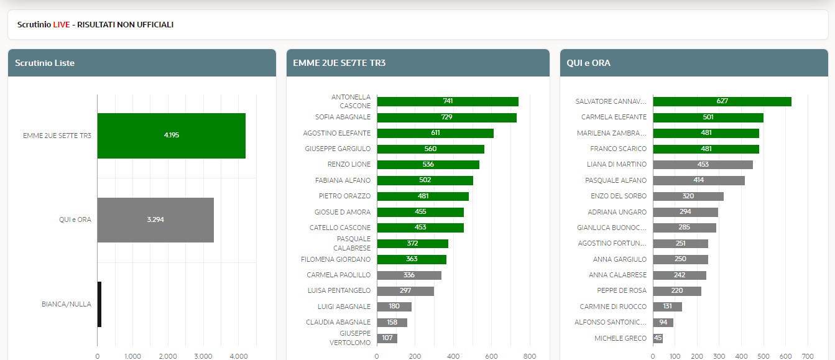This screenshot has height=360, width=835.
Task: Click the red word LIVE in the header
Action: [61, 25]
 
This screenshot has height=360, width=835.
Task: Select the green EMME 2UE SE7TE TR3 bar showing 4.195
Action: [171, 136]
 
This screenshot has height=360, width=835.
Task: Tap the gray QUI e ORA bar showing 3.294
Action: [155, 220]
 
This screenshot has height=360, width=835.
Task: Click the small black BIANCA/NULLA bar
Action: [99, 304]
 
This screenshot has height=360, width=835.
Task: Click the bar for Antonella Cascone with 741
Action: [447, 101]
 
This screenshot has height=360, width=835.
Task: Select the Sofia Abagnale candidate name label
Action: [343, 117]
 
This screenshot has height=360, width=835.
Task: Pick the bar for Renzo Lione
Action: [428, 165]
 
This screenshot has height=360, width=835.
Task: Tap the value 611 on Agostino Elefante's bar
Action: [435, 133]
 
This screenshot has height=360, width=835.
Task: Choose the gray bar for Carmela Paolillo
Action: [408, 275]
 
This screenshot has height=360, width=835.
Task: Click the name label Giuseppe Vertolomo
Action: [351, 338]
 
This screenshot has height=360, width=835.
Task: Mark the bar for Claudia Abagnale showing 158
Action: [392, 323]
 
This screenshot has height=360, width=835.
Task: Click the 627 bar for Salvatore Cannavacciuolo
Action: [721, 101]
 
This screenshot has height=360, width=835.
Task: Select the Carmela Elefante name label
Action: [614, 117]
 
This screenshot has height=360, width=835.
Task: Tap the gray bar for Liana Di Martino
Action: [703, 165]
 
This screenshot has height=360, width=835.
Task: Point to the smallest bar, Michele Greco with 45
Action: [658, 338]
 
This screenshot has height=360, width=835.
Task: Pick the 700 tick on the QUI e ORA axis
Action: [808, 356]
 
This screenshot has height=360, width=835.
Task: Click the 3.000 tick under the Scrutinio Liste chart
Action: [203, 356]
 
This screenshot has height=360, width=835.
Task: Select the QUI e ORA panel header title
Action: [588, 63]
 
